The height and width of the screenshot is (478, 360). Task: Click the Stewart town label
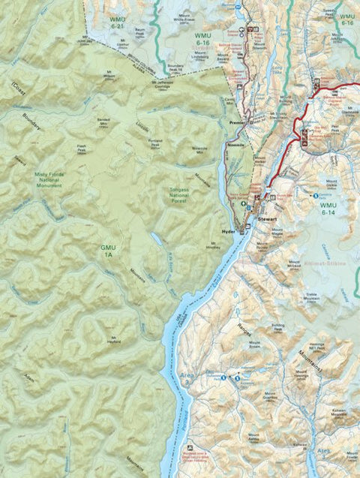(268, 218)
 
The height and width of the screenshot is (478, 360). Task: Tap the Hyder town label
(230, 232)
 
